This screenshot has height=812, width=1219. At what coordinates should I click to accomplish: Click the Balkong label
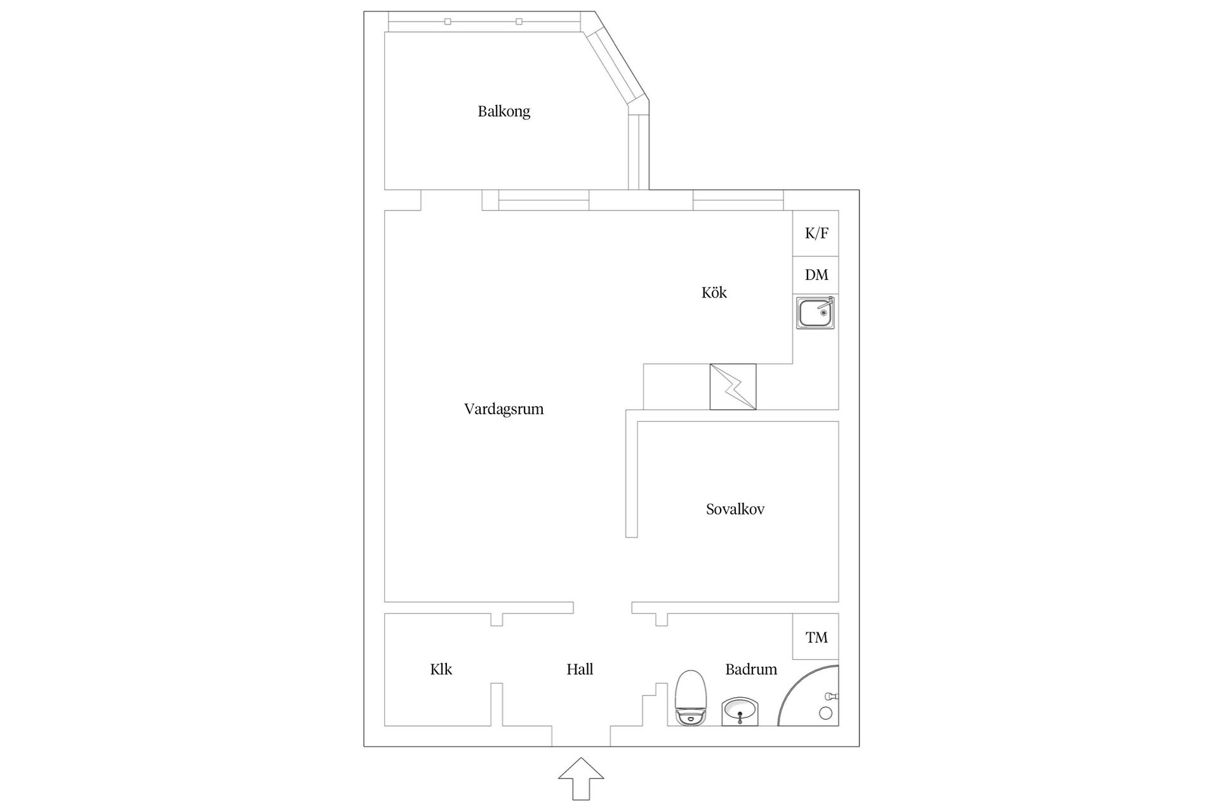[504, 112]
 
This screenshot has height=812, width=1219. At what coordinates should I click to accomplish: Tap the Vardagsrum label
[504, 409]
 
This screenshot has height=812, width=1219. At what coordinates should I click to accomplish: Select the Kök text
[714, 292]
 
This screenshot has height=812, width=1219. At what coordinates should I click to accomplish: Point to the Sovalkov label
[735, 509]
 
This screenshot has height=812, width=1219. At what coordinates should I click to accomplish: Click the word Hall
[580, 669]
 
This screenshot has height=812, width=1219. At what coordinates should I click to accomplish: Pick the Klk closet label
[441, 669]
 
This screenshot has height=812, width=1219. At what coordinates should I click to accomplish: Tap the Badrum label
[751, 669]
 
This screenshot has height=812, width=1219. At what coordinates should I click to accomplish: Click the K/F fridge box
[816, 233]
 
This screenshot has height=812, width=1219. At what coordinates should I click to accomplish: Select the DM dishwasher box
[816, 275]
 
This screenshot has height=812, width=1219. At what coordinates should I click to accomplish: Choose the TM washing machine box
[816, 637]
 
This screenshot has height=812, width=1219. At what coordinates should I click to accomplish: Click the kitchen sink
[816, 312]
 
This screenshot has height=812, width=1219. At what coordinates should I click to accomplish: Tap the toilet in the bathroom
[691, 698]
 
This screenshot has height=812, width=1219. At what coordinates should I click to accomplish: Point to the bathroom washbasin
[740, 712]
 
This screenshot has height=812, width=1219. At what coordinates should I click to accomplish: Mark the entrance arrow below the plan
[581, 778]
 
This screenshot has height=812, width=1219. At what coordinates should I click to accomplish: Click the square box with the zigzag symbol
[733, 387]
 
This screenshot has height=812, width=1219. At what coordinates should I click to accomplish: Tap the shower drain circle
[826, 713]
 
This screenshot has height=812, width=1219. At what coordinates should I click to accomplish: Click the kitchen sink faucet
[826, 306]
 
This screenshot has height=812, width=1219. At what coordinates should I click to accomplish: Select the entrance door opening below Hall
[581, 737]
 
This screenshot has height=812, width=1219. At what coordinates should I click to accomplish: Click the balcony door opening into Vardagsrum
[451, 200]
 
